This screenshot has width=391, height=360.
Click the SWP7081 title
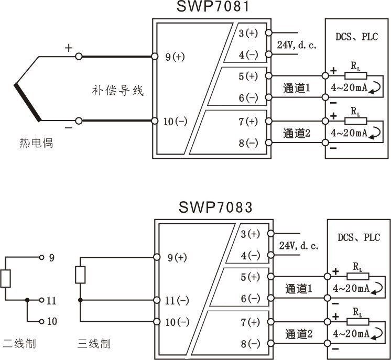(213, 6)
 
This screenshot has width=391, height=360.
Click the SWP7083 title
(215, 207)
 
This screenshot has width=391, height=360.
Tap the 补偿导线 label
(118, 90)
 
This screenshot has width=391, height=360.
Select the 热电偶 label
(36, 143)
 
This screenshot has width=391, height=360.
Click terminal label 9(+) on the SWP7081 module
(175, 57)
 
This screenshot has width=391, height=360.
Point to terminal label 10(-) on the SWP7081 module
(175, 122)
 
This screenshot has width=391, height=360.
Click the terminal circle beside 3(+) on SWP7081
(268, 32)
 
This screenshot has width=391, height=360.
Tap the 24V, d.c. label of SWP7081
(297, 45)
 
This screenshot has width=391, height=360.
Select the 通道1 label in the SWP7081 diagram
(297, 88)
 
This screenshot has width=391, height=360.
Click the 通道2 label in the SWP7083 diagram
(299, 334)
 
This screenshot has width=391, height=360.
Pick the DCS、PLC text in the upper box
(356, 37)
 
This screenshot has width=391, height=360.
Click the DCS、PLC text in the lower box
(359, 237)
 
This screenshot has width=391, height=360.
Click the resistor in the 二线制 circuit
(5, 278)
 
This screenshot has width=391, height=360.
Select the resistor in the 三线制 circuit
(80, 275)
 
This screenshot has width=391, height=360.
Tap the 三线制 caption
(94, 344)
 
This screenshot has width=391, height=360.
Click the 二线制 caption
(19, 344)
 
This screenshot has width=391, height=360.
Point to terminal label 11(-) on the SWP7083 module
(177, 301)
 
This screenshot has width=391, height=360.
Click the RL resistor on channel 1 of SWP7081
(356, 75)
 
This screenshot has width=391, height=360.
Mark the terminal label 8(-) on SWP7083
(251, 344)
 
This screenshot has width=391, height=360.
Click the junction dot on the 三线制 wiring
(80, 300)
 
